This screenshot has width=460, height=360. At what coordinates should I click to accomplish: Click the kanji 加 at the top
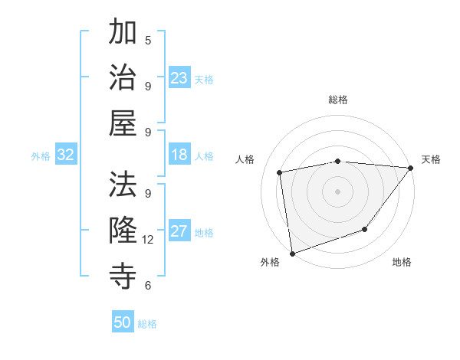123,33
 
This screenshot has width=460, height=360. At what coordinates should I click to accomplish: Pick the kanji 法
123,184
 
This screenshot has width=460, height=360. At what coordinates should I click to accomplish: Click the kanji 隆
123,229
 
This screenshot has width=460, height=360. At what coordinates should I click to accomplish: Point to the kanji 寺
123,274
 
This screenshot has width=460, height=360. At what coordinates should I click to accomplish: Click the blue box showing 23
179,78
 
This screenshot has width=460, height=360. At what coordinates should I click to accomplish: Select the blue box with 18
179,155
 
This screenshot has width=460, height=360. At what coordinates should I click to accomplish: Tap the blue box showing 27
179,232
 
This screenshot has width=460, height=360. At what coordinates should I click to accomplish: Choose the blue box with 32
66,155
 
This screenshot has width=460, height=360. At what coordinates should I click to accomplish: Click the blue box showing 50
123,322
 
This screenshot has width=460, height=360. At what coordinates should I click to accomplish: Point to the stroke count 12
148,240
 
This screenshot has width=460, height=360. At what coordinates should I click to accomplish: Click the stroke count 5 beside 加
148,40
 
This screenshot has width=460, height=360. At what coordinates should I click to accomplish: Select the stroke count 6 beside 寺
148,285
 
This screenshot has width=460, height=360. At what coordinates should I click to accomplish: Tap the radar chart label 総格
338,100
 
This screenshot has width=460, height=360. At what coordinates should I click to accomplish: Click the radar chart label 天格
431,159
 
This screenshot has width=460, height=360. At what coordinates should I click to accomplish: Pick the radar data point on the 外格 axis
292,254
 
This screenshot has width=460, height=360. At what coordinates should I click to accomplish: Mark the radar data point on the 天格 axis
411,168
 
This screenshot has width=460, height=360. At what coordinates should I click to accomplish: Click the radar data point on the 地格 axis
366,229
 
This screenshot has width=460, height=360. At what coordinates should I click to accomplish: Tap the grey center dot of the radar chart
338,191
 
